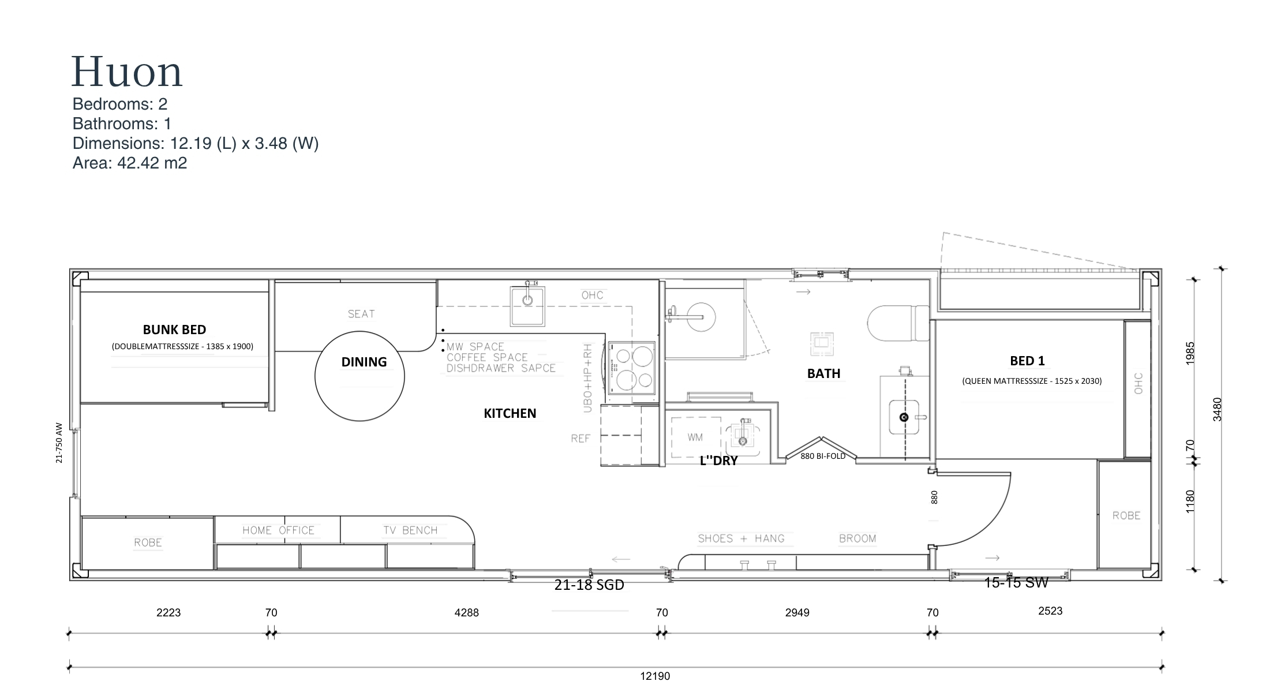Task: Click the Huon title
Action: tap(127, 72)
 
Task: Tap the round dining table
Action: tap(359, 376)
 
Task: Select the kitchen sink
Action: tap(527, 305)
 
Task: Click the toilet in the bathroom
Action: tap(898, 323)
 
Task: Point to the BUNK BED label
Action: tap(174, 330)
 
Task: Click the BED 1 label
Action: tap(1027, 361)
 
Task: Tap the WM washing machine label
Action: tap(695, 437)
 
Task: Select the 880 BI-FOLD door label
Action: tap(823, 456)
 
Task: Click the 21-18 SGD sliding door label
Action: tap(589, 585)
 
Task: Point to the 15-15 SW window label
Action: tap(1016, 583)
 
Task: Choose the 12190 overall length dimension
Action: tap(655, 676)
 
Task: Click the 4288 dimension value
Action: tap(466, 612)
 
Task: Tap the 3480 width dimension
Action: tap(1217, 409)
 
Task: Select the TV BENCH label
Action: tap(410, 530)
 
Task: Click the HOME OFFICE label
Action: tap(278, 530)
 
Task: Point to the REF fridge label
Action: tap(581, 439)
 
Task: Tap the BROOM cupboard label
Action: tap(857, 538)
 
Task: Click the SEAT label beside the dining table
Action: tap(361, 314)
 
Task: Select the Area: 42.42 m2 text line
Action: tap(130, 163)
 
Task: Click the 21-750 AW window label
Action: tap(59, 443)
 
